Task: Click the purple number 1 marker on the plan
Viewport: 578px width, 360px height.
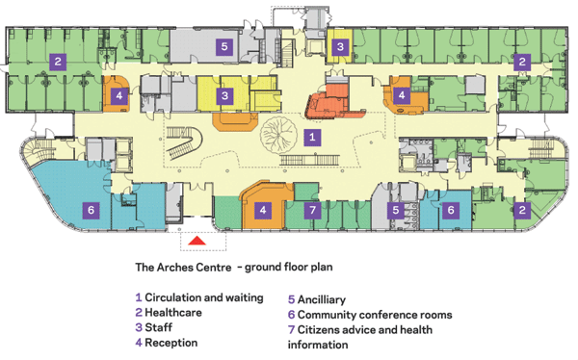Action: tap(312, 138)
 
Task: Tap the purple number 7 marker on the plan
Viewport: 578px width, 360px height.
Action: tap(312, 211)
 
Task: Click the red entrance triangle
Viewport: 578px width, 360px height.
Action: tap(197, 241)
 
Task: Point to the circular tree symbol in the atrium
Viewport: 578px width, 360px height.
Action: tap(277, 135)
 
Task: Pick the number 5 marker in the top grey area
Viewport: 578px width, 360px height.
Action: tap(224, 47)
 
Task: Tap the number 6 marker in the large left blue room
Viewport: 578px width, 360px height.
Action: tap(92, 211)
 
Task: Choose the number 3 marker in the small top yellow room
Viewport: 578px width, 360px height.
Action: tap(340, 47)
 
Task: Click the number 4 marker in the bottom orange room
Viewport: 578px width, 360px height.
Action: tap(263, 211)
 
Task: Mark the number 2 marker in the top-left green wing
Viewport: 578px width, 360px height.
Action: tap(58, 62)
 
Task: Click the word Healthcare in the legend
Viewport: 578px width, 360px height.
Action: tap(173, 313)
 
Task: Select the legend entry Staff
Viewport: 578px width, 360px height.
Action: tap(159, 327)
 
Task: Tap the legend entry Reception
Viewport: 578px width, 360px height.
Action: tap(171, 343)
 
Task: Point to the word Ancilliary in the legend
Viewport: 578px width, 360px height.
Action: tap(322, 299)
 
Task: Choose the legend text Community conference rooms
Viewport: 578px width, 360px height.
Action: tap(375, 315)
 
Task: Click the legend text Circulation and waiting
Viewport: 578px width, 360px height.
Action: tap(204, 297)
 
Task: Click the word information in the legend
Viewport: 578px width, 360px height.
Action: tap(318, 345)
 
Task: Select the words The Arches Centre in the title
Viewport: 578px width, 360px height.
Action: tap(183, 267)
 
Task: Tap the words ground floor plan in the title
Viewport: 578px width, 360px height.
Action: tap(289, 267)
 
